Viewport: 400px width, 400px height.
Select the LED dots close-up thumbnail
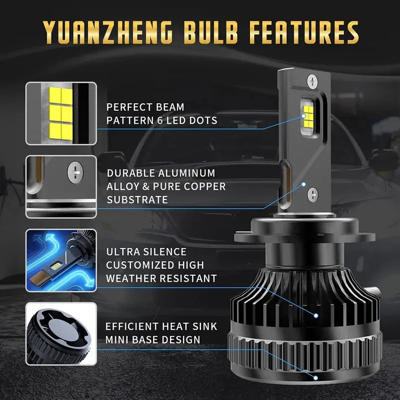pos(61,114)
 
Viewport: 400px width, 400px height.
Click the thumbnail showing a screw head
pos(61,186)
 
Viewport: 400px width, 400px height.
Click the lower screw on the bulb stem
pos(312,193)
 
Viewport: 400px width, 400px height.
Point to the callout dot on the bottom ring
pos(316,377)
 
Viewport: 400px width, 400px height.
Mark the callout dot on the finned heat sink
pos(316,315)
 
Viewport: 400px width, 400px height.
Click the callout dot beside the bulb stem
pos(303,184)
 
